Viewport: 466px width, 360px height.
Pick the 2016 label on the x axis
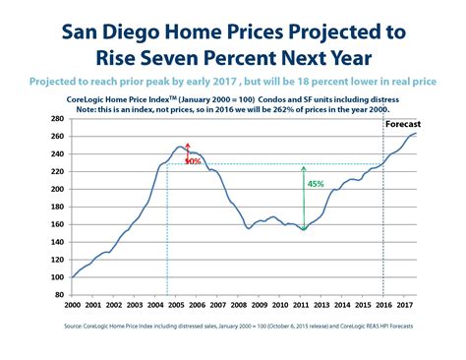(x=382, y=291)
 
